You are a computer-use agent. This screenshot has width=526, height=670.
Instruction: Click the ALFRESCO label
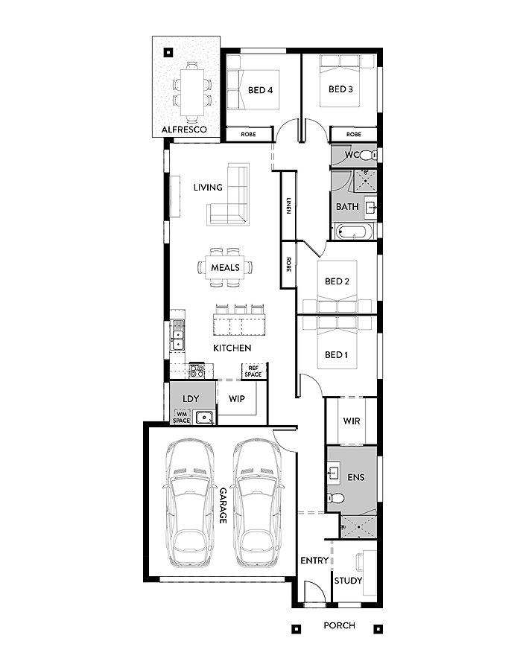[184, 130]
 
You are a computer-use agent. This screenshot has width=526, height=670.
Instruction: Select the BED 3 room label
[340, 89]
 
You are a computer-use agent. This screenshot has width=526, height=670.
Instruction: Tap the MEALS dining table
[225, 267]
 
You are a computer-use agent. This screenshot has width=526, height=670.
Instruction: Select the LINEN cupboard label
[288, 206]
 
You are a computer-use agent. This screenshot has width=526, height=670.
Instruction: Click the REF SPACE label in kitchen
[253, 371]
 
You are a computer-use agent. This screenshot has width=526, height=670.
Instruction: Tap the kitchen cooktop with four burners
[197, 368]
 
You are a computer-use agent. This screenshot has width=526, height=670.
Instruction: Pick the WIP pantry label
[237, 399]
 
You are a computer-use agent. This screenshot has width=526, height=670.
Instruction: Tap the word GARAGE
[222, 505]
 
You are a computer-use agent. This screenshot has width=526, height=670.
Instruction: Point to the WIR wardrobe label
[352, 421]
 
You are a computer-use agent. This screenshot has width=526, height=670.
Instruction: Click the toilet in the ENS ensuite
[336, 498]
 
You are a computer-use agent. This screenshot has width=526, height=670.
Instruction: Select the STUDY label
[347, 581]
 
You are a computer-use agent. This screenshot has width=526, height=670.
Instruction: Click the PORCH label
[339, 625]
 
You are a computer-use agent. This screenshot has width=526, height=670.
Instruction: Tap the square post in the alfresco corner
[168, 52]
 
